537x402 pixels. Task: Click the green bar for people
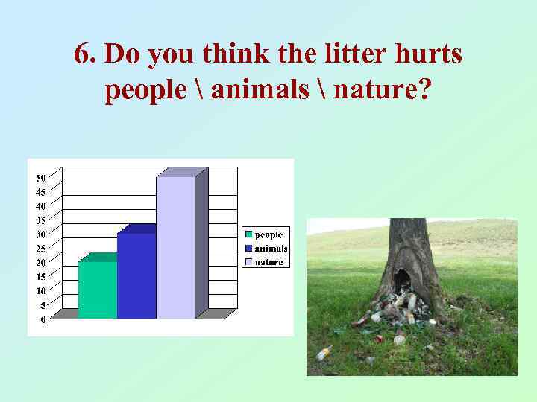click(x=97, y=290)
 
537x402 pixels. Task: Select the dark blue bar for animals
click(x=136, y=275)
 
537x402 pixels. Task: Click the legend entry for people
click(x=264, y=234)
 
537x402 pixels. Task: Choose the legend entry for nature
click(x=264, y=261)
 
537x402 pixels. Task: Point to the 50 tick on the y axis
click(x=40, y=177)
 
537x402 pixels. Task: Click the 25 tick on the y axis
click(x=40, y=248)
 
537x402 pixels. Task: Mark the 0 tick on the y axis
click(x=43, y=319)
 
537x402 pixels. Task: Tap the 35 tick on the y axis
click(x=40, y=220)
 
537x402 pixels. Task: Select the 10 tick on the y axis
click(x=40, y=290)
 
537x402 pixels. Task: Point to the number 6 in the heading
click(x=82, y=54)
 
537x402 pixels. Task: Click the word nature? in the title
click(x=382, y=90)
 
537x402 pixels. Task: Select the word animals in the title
click(x=260, y=90)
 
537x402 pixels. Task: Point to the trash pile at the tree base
click(x=399, y=309)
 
